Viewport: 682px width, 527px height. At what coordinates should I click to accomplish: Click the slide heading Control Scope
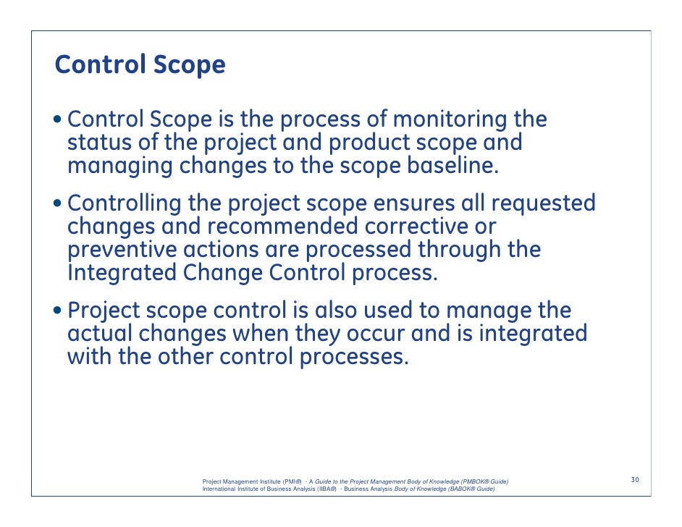pos(140,66)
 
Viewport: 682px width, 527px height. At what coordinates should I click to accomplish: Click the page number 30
pos(635,480)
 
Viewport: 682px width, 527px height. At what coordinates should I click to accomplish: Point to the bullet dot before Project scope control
pos(59,312)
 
